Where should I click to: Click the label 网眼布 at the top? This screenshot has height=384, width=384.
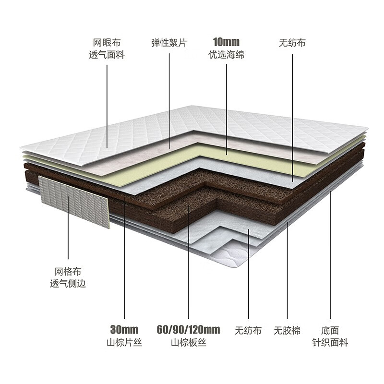tap(107, 43)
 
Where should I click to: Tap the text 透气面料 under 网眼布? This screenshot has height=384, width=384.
tap(107, 55)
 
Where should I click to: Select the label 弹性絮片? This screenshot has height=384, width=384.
tap(169, 43)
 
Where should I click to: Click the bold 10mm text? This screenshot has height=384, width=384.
tap(226, 42)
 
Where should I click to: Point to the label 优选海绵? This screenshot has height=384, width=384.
tap(226, 54)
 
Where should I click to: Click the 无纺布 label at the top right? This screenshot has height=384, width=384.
tap(292, 43)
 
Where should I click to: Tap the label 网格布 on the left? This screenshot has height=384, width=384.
tap(68, 272)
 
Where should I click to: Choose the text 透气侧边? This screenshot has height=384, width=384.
tap(68, 284)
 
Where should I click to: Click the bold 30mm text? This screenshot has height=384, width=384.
tap(124, 330)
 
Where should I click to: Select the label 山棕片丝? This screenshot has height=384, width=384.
tap(124, 342)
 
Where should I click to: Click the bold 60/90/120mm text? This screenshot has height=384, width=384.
tap(188, 330)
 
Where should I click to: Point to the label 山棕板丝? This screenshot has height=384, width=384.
tap(188, 342)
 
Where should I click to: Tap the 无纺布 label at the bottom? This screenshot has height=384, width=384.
tap(248, 330)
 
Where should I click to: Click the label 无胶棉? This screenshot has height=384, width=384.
tap(287, 330)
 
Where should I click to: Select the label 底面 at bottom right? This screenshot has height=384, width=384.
tap(330, 330)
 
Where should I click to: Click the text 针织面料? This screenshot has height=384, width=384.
tap(330, 342)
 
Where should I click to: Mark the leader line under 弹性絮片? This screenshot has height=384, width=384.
tap(169, 101)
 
